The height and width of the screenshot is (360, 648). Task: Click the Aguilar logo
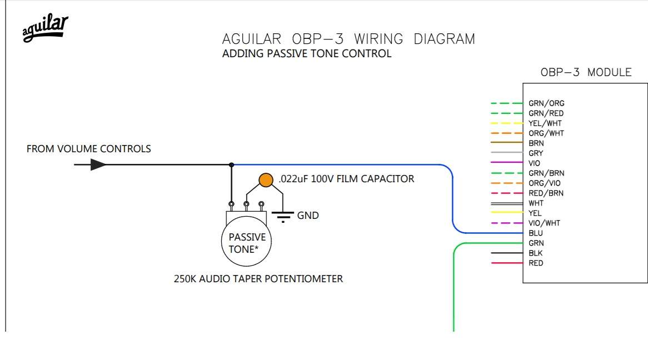46,28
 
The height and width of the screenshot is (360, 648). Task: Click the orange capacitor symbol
266,180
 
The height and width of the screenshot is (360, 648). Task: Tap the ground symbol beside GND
283,217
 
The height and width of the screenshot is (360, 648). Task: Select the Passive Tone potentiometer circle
246,241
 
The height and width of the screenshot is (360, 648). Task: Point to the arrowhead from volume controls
98,164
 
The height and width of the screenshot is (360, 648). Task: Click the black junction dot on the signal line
231,165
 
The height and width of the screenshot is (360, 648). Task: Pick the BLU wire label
536,233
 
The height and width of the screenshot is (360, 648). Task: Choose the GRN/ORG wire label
546,103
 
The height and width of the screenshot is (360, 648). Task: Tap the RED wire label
536,263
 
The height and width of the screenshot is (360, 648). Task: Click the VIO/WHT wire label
544,223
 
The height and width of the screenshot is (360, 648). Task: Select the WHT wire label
536,203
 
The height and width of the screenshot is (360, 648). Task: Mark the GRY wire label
536,153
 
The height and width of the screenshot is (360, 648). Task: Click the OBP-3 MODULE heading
586,72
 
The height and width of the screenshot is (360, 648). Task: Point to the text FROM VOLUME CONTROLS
89,149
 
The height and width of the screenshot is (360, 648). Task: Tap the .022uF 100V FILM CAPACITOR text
346,179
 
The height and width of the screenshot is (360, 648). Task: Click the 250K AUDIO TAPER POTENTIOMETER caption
258,279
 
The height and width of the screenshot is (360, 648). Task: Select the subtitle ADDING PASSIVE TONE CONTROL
307,54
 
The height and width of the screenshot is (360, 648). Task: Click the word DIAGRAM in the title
444,39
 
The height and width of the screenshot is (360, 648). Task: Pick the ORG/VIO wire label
545,183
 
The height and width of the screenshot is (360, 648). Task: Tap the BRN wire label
536,143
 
